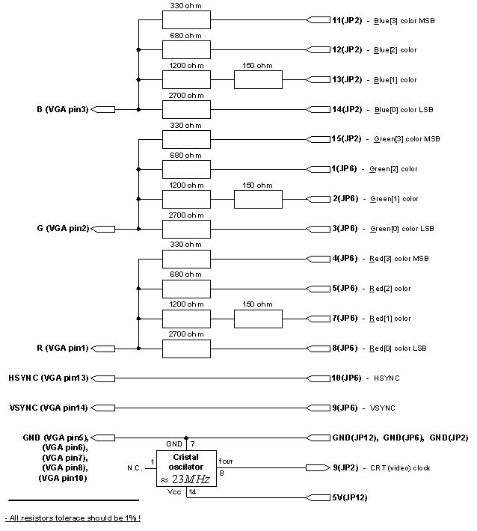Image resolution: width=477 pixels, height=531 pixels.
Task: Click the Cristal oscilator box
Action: click(186, 468)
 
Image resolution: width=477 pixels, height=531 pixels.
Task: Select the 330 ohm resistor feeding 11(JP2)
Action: click(186, 20)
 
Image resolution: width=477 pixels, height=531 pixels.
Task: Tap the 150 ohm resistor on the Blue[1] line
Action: click(258, 79)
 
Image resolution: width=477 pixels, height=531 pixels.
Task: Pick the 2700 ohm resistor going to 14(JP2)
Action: click(186, 109)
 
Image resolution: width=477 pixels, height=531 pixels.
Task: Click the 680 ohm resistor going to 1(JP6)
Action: click(186, 169)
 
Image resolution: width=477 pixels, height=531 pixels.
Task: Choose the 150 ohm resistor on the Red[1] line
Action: click(258, 319)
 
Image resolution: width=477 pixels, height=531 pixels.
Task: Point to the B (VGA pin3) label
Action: click(62, 109)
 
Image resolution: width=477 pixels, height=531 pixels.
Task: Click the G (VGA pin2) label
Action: click(62, 229)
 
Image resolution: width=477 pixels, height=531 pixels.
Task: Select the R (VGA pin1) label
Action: click(62, 349)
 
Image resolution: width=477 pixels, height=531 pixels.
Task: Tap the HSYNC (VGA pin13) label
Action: click(48, 378)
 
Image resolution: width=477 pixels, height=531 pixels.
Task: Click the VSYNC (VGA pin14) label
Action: click(48, 408)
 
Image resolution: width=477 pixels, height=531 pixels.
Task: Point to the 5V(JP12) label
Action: click(349, 497)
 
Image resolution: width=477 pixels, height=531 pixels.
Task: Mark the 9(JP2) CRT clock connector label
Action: click(346, 468)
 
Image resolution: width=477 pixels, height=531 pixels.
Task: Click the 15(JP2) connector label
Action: click(346, 139)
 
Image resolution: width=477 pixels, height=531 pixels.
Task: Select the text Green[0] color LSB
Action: click(402, 229)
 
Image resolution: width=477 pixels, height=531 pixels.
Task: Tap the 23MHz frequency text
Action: click(191, 479)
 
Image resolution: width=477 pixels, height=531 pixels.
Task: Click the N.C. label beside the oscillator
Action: click(135, 468)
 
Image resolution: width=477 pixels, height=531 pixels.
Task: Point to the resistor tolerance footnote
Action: click(73, 518)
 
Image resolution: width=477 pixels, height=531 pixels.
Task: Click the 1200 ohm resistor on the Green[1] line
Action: click(186, 199)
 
